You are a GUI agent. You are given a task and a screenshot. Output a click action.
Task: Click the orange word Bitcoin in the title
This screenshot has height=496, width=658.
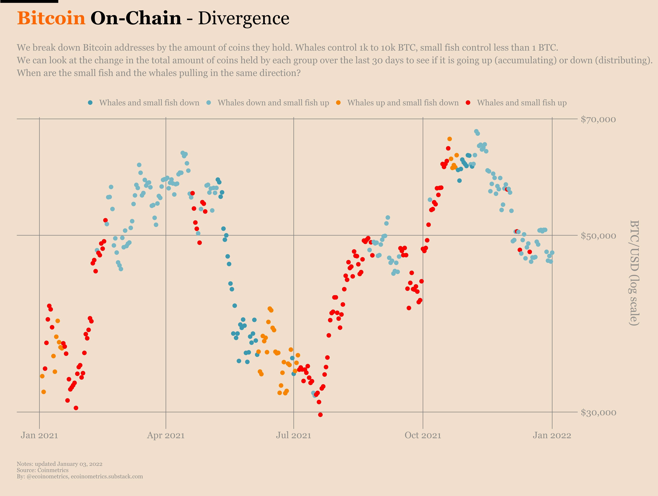click(x=51, y=18)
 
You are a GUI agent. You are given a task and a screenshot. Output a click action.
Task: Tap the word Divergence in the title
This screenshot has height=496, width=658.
click(x=243, y=18)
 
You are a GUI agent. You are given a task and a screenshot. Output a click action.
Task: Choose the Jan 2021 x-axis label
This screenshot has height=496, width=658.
click(x=39, y=435)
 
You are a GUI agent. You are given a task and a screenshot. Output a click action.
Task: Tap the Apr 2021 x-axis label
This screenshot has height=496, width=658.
click(x=166, y=435)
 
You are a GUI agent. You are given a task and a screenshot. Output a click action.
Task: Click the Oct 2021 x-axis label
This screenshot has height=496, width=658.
click(x=423, y=435)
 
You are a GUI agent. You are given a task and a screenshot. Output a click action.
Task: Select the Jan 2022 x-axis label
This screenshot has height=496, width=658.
click(x=552, y=435)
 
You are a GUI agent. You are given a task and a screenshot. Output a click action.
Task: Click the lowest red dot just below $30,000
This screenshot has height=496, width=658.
click(x=320, y=415)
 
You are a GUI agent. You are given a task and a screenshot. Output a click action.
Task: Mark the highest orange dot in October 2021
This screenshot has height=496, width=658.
click(x=449, y=139)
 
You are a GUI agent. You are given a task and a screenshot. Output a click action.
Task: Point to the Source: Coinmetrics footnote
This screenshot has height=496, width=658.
click(x=42, y=470)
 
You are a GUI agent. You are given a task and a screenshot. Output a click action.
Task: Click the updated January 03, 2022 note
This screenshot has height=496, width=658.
click(x=60, y=464)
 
